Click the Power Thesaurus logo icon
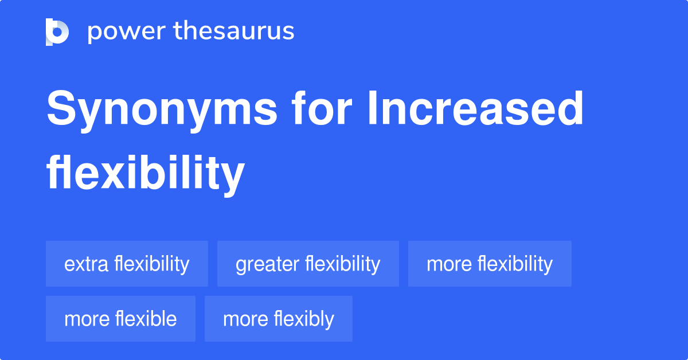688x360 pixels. [57, 32]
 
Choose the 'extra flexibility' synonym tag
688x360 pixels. [127, 264]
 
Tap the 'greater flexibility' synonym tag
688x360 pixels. [308, 264]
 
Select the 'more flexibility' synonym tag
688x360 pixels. [490, 264]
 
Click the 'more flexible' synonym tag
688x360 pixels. [120, 319]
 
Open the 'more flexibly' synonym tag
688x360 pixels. [278, 319]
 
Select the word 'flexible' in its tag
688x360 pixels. [146, 319]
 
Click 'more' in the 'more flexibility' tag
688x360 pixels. [449, 264]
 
